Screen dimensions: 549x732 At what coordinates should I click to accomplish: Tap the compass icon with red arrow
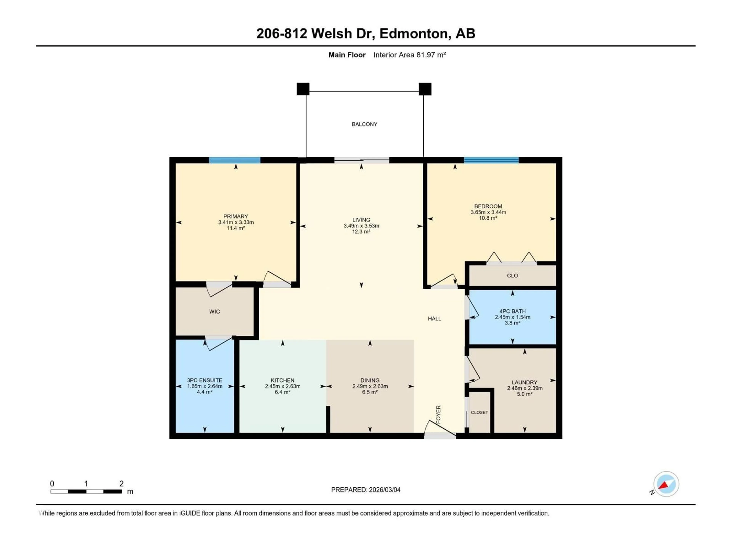click(x=666, y=484)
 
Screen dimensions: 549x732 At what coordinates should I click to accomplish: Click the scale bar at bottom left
click(x=86, y=491)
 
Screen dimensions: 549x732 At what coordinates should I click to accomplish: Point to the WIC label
click(x=214, y=312)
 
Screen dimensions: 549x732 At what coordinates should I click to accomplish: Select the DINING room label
click(x=370, y=380)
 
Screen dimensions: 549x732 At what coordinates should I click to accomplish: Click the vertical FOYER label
click(x=438, y=414)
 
